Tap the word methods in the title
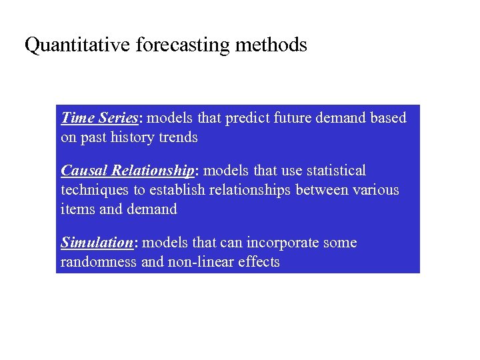tap(271, 45)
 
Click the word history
tap(131, 137)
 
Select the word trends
tap(178, 137)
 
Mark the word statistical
tap(336, 171)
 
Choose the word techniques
tap(95, 190)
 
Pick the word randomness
tap(99, 262)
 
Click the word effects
tap(257, 262)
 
